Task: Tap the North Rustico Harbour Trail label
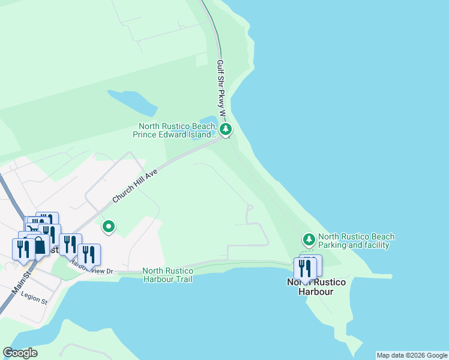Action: coord(168,275)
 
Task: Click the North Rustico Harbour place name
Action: coord(310,287)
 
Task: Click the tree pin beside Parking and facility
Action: coord(309,240)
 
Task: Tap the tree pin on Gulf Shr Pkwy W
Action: coord(226,128)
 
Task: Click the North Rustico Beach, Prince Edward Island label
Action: coord(175,130)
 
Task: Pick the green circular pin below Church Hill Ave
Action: coord(109,226)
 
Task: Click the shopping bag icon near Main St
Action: coord(39,245)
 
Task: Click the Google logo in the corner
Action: coord(20,353)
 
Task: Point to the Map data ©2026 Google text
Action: coord(412,355)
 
